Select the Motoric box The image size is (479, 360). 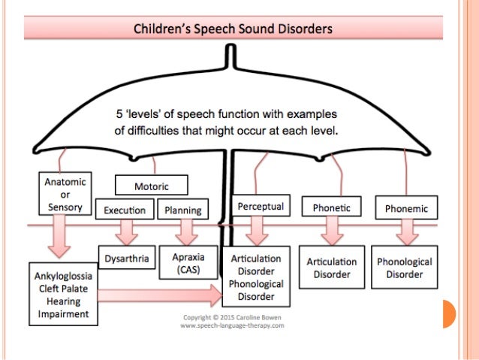[x=151, y=185]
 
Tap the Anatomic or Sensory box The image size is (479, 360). [x=65, y=194]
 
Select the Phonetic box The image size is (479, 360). [x=331, y=207]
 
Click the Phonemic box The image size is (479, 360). [x=405, y=207]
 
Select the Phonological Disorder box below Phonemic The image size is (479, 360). [x=405, y=268]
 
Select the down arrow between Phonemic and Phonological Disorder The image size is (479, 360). [x=405, y=231]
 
